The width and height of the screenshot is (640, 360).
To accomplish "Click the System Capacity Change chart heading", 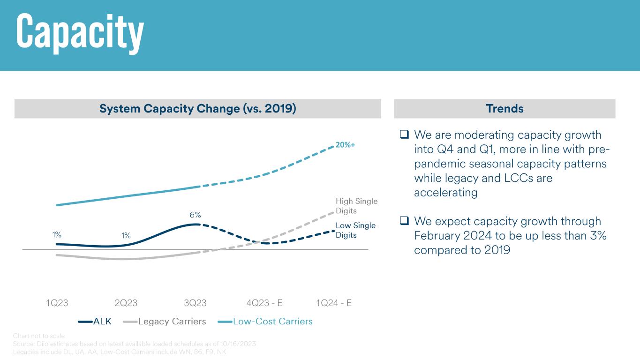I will [x=197, y=109].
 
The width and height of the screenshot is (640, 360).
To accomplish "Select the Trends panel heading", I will [x=504, y=109].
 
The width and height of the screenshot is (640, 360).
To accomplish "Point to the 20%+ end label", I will [x=345, y=145].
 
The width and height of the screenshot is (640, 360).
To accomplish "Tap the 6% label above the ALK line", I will [x=195, y=215].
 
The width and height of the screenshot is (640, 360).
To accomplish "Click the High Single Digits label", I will [x=356, y=206].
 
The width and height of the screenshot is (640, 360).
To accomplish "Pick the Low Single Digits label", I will [x=355, y=230].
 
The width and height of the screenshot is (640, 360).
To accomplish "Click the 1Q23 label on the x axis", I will [x=57, y=303].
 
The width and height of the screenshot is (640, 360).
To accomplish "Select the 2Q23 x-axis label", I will [x=126, y=303].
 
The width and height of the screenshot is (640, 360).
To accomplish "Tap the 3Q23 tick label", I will [x=195, y=303].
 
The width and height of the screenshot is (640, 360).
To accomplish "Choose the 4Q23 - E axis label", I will [x=264, y=303].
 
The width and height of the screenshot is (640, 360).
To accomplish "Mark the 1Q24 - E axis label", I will [x=334, y=303].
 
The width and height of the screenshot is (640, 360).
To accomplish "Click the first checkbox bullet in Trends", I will [x=404, y=135].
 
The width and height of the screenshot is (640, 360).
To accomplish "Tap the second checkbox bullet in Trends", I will [x=404, y=221].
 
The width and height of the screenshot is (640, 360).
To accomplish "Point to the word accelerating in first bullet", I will [x=445, y=193].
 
